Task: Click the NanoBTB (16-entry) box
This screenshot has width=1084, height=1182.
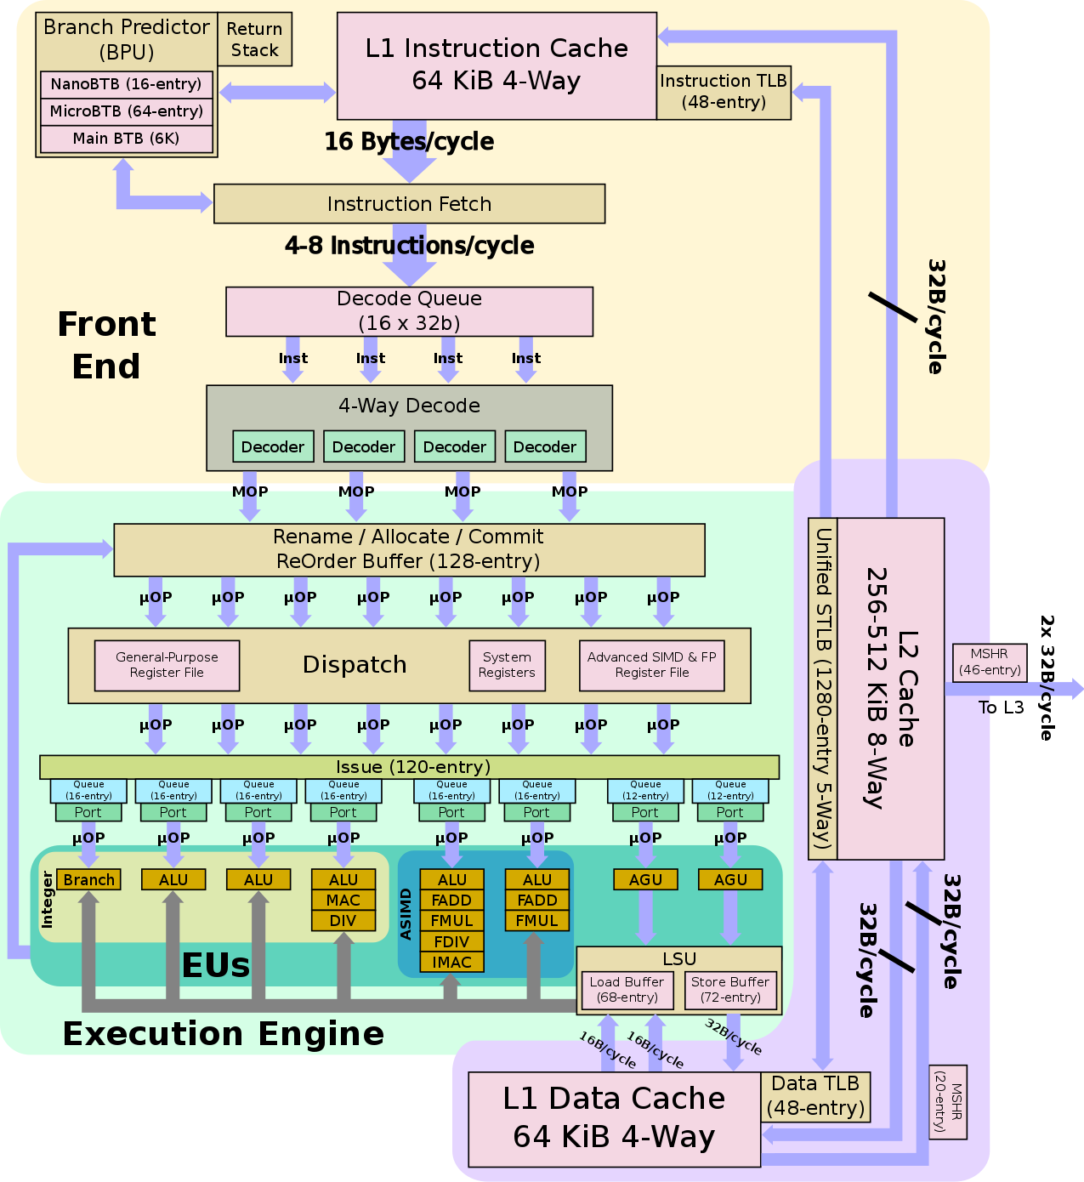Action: click(x=126, y=84)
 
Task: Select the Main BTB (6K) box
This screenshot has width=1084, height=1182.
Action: click(x=126, y=139)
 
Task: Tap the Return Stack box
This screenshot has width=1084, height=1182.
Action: click(x=254, y=39)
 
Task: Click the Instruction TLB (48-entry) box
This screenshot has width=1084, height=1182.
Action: click(x=724, y=92)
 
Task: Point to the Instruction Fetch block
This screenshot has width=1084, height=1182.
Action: click(x=409, y=204)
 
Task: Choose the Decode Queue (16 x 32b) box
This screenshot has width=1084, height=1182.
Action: click(x=409, y=311)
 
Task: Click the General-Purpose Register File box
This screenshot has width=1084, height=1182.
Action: click(x=167, y=665)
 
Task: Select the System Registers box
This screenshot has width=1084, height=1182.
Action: click(x=507, y=665)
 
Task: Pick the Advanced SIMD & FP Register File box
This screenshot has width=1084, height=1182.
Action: click(x=651, y=665)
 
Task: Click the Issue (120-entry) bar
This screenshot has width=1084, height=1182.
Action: click(x=409, y=767)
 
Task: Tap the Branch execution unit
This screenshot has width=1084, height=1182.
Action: click(x=88, y=879)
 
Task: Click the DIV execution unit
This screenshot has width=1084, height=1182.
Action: click(x=343, y=920)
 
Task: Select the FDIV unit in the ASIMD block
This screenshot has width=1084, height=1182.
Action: click(x=451, y=941)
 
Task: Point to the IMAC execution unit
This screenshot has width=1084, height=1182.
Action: click(x=451, y=962)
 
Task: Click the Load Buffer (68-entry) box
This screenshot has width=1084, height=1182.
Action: click(x=627, y=990)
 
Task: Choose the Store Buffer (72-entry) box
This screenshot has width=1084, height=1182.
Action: click(x=729, y=990)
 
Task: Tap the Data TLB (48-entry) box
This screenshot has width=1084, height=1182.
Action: click(x=815, y=1096)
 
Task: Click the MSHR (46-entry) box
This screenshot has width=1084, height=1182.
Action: click(x=989, y=662)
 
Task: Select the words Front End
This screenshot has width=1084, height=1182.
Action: click(x=106, y=345)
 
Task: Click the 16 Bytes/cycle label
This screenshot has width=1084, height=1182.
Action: click(x=409, y=141)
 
